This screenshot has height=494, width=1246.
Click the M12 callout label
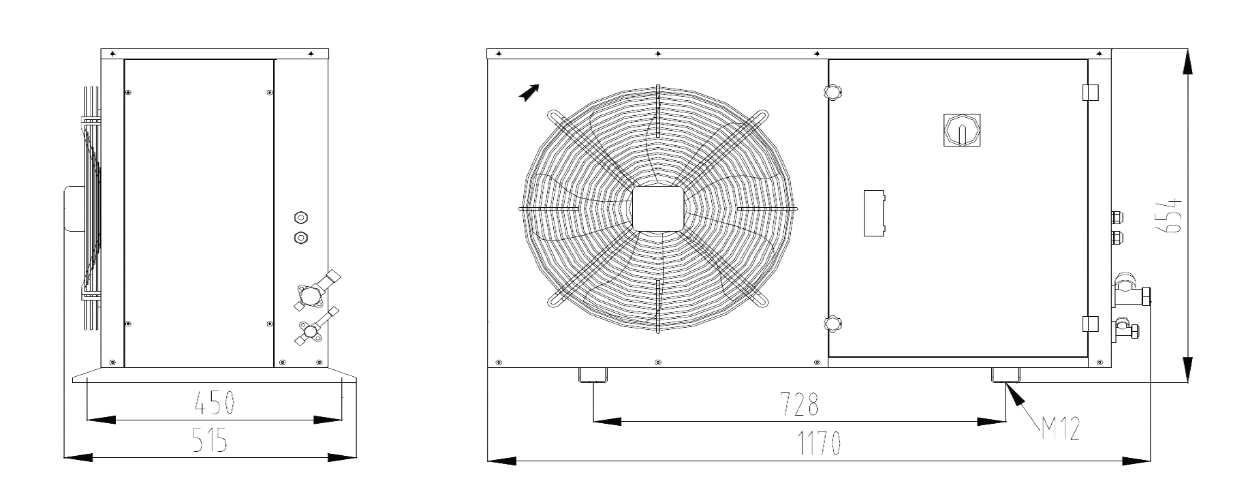1059,429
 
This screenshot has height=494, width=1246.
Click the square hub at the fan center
657,209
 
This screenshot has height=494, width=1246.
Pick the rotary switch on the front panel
961,129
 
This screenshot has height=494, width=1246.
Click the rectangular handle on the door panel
875,213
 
